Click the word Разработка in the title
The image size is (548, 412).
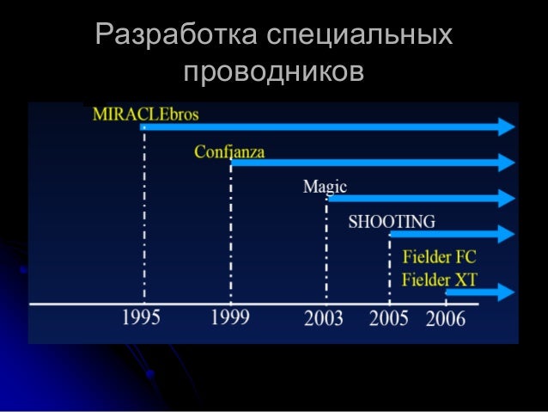(176, 36)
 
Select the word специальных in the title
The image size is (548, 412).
(360, 36)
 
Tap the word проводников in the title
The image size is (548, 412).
(274, 72)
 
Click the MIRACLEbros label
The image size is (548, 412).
(146, 114)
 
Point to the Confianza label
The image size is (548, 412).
(229, 152)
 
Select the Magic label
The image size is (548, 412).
(325, 187)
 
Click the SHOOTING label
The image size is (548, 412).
(391, 222)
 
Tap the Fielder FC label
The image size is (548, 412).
(439, 257)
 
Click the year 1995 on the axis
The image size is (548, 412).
(142, 318)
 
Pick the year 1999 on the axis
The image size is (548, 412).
(230, 318)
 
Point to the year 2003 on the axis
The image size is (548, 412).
(324, 319)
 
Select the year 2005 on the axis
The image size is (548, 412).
(389, 319)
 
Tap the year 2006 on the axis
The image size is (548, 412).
(446, 319)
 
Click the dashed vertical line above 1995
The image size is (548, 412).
(143, 215)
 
